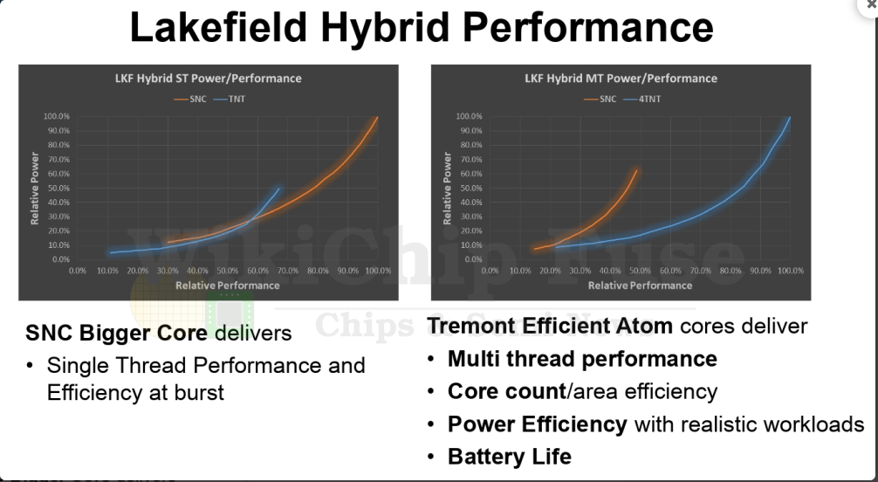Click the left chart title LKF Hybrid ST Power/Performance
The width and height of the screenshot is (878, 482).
[208, 78]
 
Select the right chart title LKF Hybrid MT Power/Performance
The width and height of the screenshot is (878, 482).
[621, 78]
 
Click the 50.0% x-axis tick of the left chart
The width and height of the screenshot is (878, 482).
[228, 271]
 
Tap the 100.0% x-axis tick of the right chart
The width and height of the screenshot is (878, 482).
[790, 271]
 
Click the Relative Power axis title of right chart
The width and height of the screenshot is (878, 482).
[448, 188]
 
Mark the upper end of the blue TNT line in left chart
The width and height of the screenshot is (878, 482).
[280, 188]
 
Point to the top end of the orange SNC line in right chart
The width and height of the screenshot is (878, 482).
[636, 170]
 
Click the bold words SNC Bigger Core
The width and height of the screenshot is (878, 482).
[116, 333]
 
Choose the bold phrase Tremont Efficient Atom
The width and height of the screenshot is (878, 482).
[550, 327]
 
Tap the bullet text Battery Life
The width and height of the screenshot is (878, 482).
[510, 456]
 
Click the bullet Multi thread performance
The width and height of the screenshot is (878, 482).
[582, 359]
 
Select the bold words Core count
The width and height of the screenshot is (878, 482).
[506, 391]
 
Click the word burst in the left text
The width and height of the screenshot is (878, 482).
[195, 392]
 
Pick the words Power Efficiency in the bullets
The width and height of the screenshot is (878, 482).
[537, 424]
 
